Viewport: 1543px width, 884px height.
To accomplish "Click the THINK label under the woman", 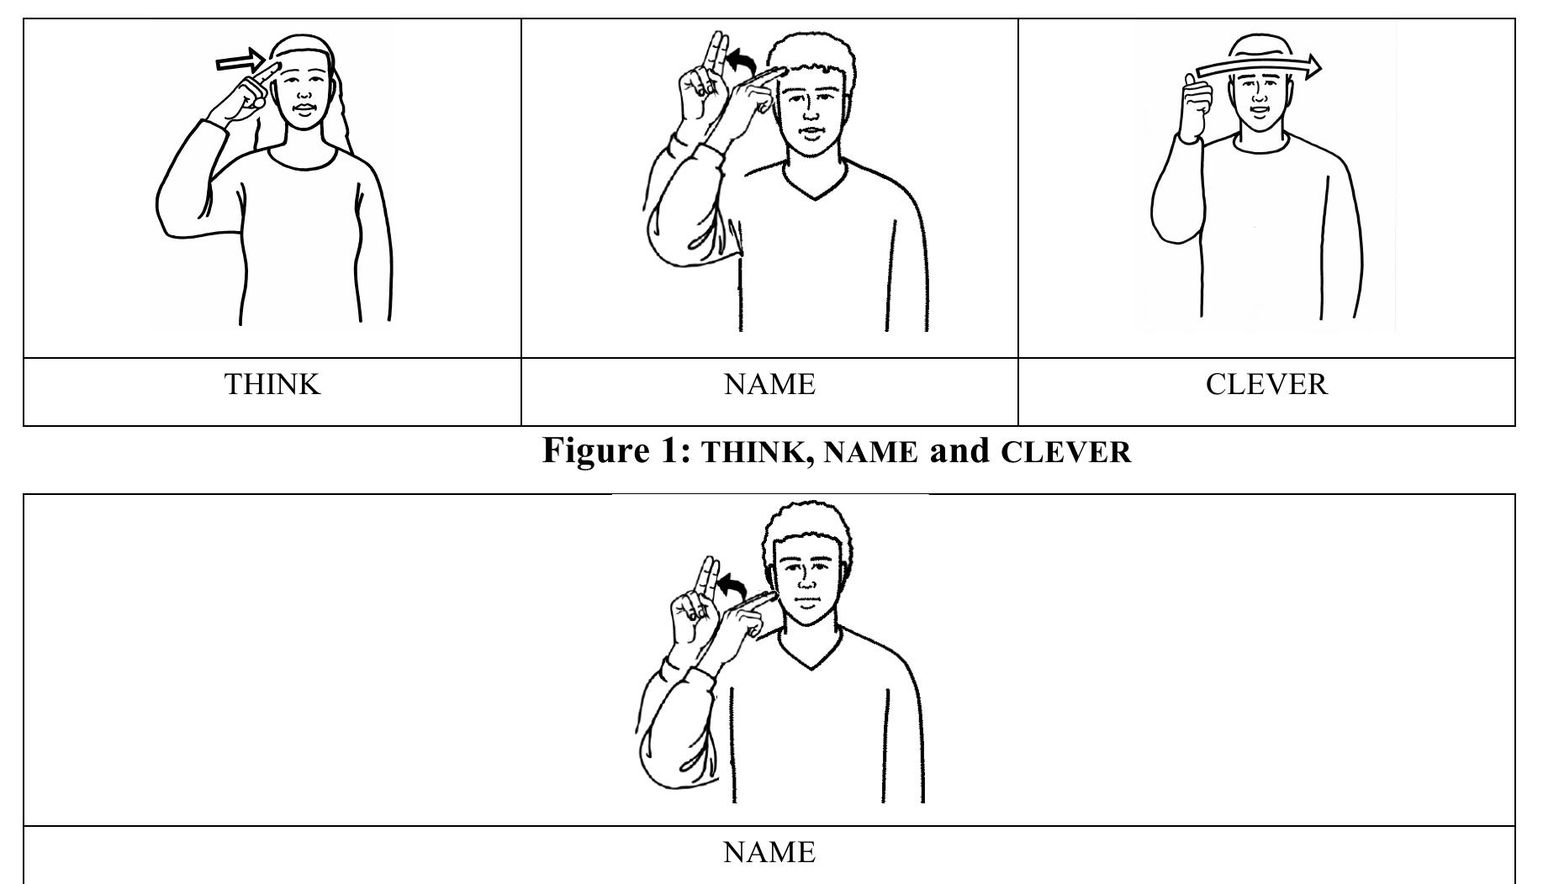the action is tap(272, 385).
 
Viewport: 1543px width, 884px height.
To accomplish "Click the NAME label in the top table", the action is tap(769, 385).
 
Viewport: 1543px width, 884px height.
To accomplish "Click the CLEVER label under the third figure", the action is tap(1266, 385).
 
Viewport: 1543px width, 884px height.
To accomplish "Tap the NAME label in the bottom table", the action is tap(769, 853).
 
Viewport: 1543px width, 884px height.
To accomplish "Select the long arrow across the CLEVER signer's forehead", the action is tap(1257, 67).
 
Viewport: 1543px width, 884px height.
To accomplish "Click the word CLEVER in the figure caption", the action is tap(1066, 453).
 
